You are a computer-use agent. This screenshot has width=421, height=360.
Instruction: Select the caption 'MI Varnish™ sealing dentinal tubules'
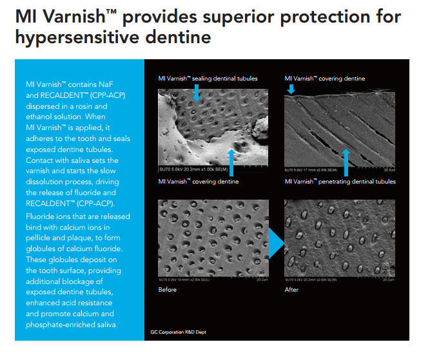(x=208, y=79)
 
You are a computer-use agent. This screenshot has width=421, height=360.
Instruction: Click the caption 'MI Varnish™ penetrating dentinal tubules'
(x=340, y=182)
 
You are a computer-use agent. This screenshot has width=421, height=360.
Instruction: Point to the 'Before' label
(x=168, y=290)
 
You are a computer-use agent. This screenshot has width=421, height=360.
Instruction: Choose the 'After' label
(x=292, y=290)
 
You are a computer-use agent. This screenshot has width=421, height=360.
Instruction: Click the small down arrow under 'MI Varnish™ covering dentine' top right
(x=291, y=89)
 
